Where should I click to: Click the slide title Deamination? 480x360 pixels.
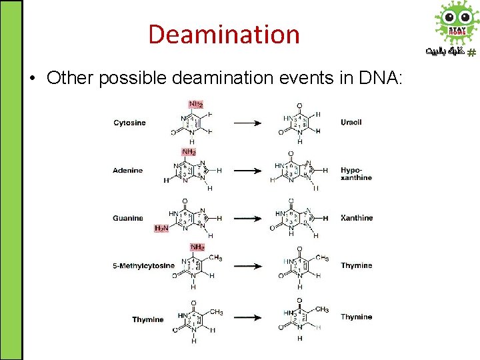224,34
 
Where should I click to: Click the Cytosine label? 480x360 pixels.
129,123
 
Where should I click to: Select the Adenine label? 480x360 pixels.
127,171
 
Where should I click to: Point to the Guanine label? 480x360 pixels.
127,218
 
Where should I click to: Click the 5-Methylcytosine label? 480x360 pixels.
143,265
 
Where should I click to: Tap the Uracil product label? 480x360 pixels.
351,123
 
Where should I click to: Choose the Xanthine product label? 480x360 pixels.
357,218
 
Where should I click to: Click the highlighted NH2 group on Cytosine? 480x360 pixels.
196,105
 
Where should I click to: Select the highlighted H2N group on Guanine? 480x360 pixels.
161,228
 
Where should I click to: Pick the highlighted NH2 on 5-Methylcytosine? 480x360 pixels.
197,247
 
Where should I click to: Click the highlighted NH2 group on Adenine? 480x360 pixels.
189,152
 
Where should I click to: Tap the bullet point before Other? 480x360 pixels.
33,79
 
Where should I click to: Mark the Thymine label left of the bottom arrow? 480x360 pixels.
147,319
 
